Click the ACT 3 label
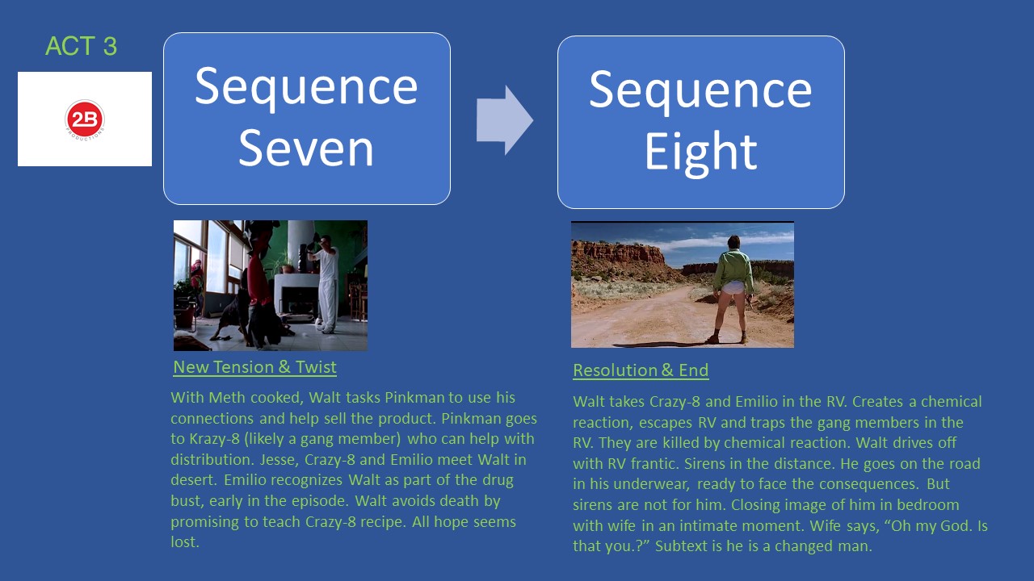click(x=81, y=47)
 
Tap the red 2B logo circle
click(x=85, y=119)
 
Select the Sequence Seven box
click(x=306, y=118)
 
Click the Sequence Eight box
click(x=700, y=122)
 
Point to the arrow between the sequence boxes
click(x=504, y=119)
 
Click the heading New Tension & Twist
click(x=254, y=367)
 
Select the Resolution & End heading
click(x=641, y=370)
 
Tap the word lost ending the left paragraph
click(x=184, y=542)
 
